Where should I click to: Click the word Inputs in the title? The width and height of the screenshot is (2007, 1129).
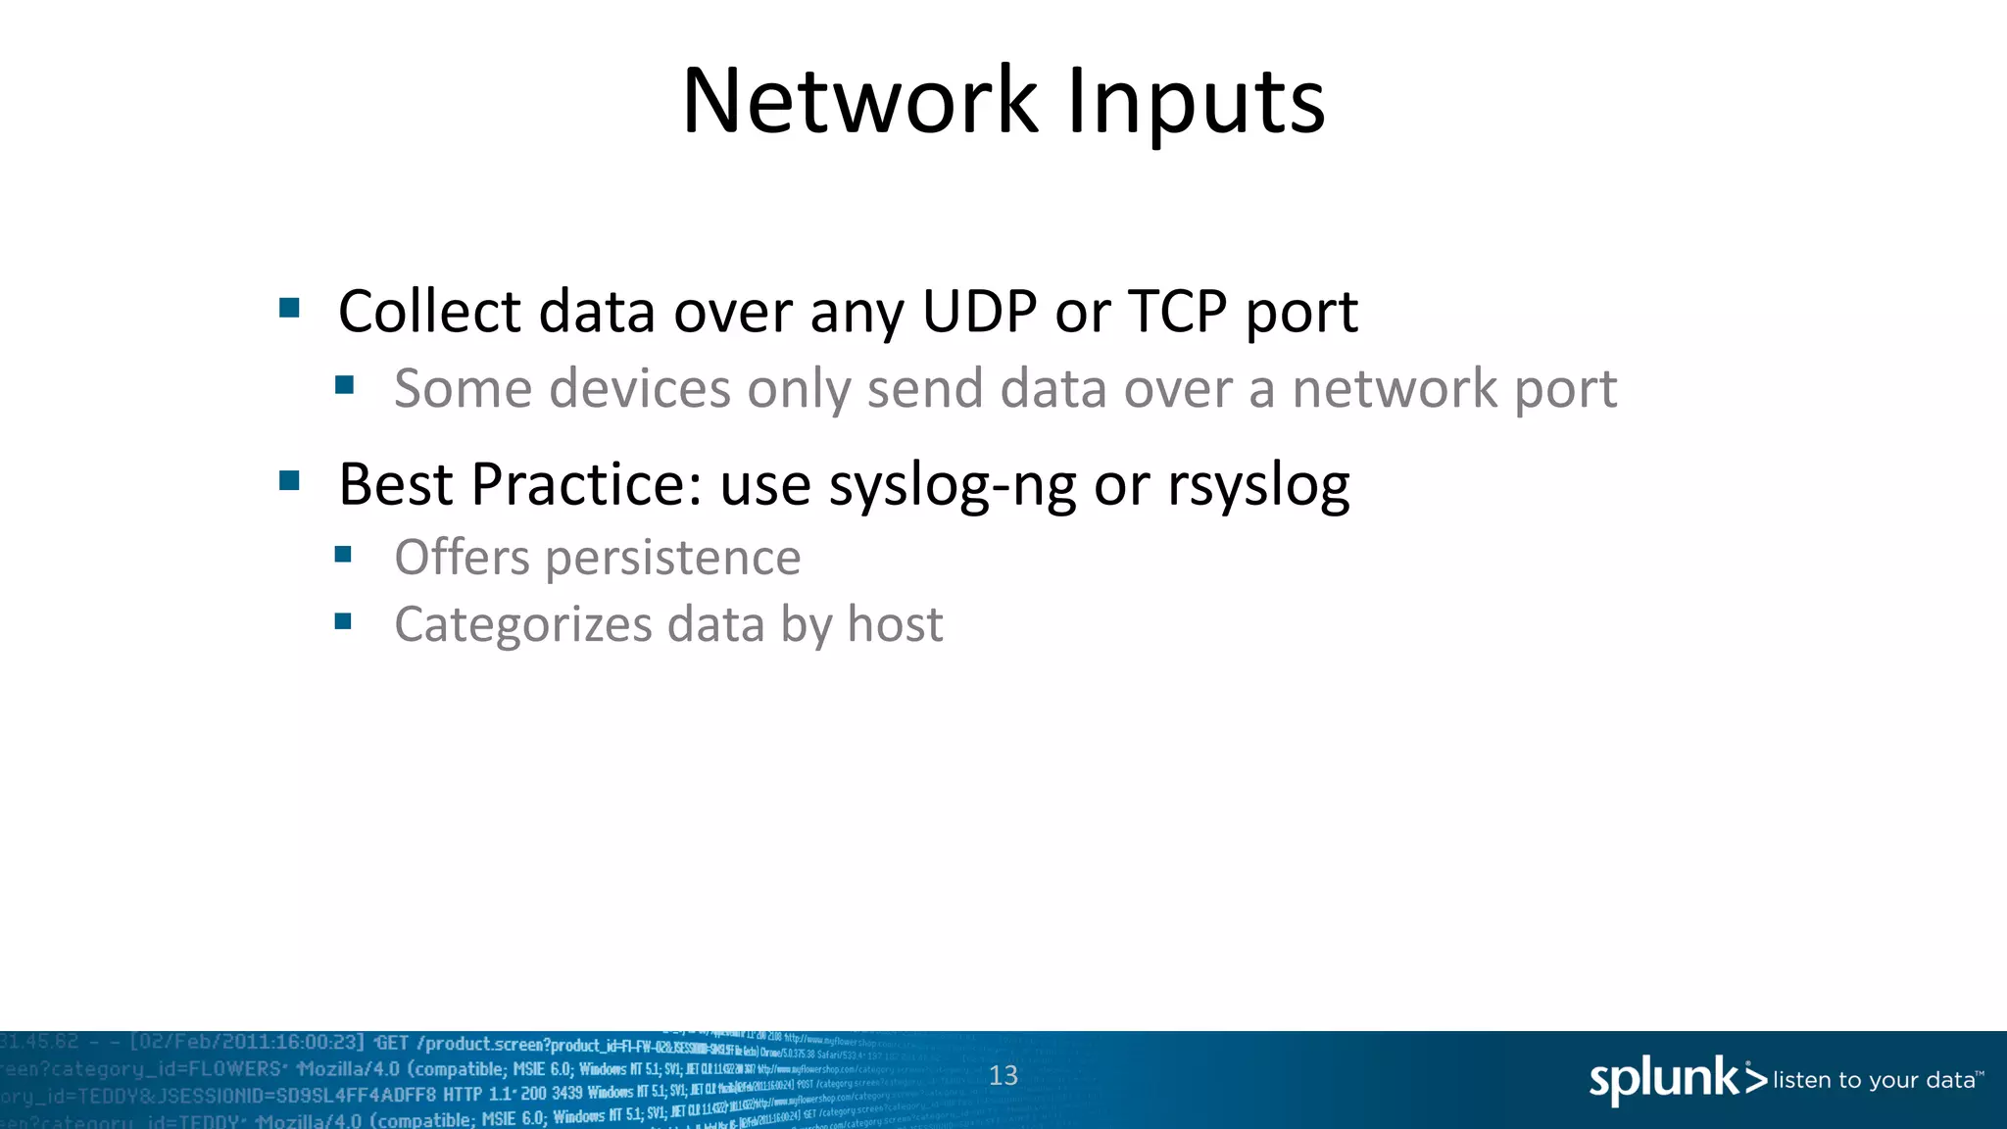point(1196,102)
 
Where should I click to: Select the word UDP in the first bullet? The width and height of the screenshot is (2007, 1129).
point(979,312)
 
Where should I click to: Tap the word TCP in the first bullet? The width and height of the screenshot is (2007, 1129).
point(1177,312)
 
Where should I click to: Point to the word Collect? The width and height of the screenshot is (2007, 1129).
point(429,312)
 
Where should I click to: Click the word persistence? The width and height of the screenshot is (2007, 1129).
point(673,558)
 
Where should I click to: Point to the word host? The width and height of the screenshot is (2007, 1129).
point(895,624)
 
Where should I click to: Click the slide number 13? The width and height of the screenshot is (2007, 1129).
point(1003,1075)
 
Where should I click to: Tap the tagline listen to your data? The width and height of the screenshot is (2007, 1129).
point(1874,1080)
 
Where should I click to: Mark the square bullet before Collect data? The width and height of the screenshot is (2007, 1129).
point(289,309)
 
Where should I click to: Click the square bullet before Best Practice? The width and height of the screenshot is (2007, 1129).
point(289,480)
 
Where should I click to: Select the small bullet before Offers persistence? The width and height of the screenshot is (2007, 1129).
point(343,555)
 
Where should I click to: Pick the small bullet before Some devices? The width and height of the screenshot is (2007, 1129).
point(344,385)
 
